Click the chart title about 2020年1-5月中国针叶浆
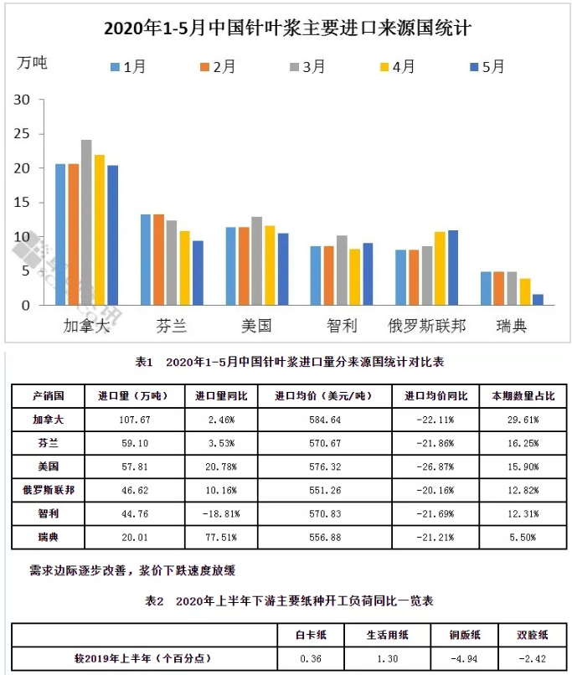[287, 28]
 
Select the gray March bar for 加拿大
[86, 223]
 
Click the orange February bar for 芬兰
[158, 260]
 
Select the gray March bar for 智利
[342, 271]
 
